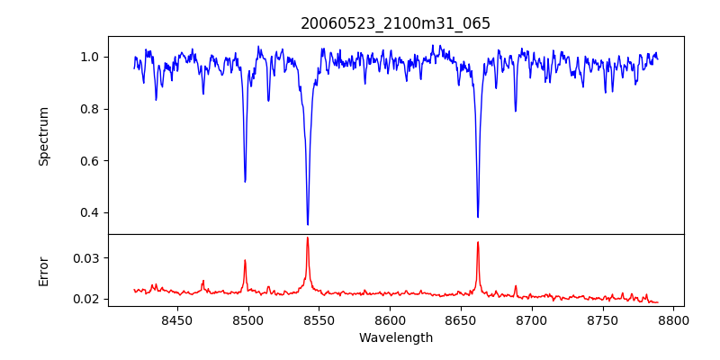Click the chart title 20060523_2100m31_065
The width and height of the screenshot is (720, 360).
point(396,23)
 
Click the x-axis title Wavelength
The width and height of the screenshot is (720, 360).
point(396,338)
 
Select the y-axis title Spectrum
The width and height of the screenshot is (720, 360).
point(44,136)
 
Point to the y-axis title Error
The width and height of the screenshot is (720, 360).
point(44,271)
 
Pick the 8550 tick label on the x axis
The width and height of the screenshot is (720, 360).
point(319,319)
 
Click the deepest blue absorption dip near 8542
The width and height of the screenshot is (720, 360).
point(308,224)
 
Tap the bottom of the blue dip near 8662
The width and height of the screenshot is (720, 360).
point(478,217)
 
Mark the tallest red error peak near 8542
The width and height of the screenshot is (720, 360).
point(308,238)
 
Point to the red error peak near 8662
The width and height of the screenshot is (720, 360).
point(478,242)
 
